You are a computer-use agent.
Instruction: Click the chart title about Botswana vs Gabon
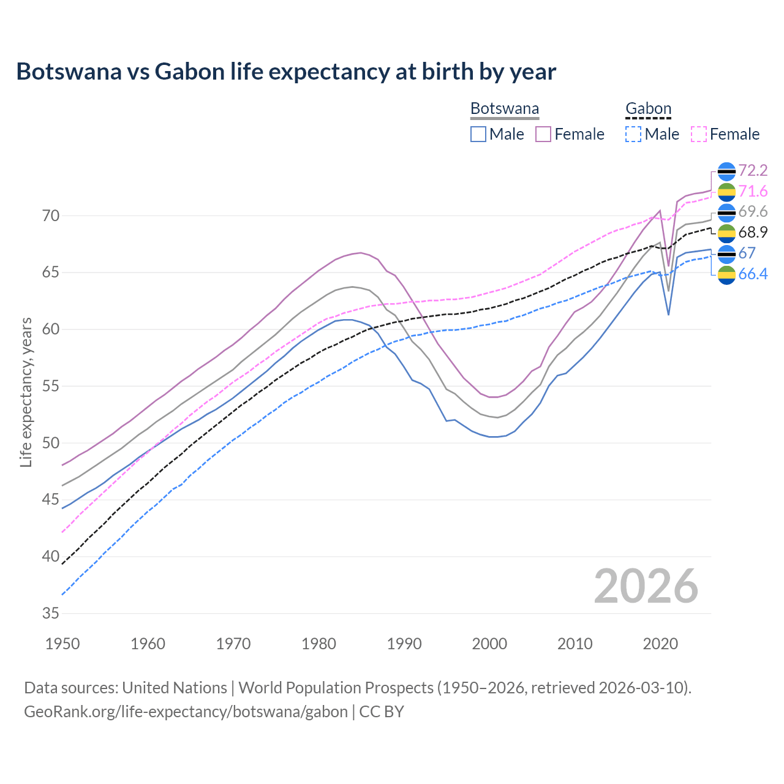(x=286, y=72)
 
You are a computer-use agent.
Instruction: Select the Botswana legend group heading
(x=505, y=109)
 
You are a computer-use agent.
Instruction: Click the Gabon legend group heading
(x=648, y=109)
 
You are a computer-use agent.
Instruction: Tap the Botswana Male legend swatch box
(x=478, y=134)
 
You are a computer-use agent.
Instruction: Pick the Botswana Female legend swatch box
(x=543, y=134)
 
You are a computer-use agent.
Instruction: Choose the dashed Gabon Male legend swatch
(x=633, y=134)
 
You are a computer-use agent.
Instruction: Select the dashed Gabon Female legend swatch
(x=699, y=134)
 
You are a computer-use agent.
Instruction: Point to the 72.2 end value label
(x=753, y=170)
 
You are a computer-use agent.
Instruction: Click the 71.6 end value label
(x=753, y=191)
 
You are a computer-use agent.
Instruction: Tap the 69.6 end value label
(x=753, y=212)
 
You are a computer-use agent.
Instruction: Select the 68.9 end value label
(x=753, y=233)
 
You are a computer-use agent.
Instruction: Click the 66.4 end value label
(x=753, y=274)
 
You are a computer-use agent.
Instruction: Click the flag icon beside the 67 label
(x=726, y=254)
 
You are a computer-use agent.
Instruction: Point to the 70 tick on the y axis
(x=51, y=216)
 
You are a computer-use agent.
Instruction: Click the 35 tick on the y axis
(x=51, y=613)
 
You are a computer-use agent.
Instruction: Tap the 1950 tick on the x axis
(x=62, y=644)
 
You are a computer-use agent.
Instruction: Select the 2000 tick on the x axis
(x=489, y=644)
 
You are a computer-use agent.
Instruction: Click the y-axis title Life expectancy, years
(x=26, y=392)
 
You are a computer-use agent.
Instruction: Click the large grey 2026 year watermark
(x=646, y=586)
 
